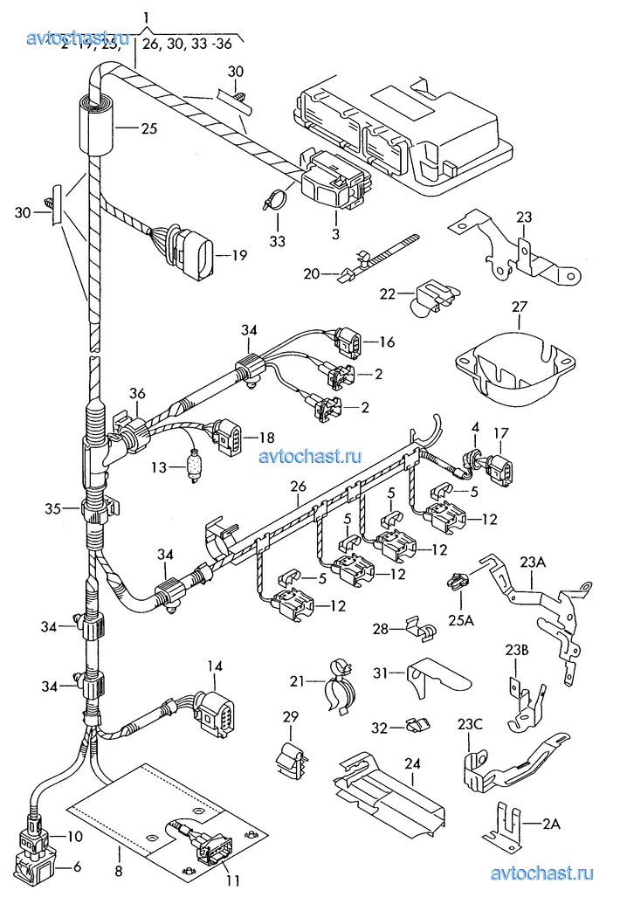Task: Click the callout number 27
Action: click(520, 307)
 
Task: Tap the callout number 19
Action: click(239, 256)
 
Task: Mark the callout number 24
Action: click(412, 763)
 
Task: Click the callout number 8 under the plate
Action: click(118, 870)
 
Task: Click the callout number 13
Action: click(157, 468)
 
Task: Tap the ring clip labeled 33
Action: click(275, 199)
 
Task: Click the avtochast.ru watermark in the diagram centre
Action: click(309, 456)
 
